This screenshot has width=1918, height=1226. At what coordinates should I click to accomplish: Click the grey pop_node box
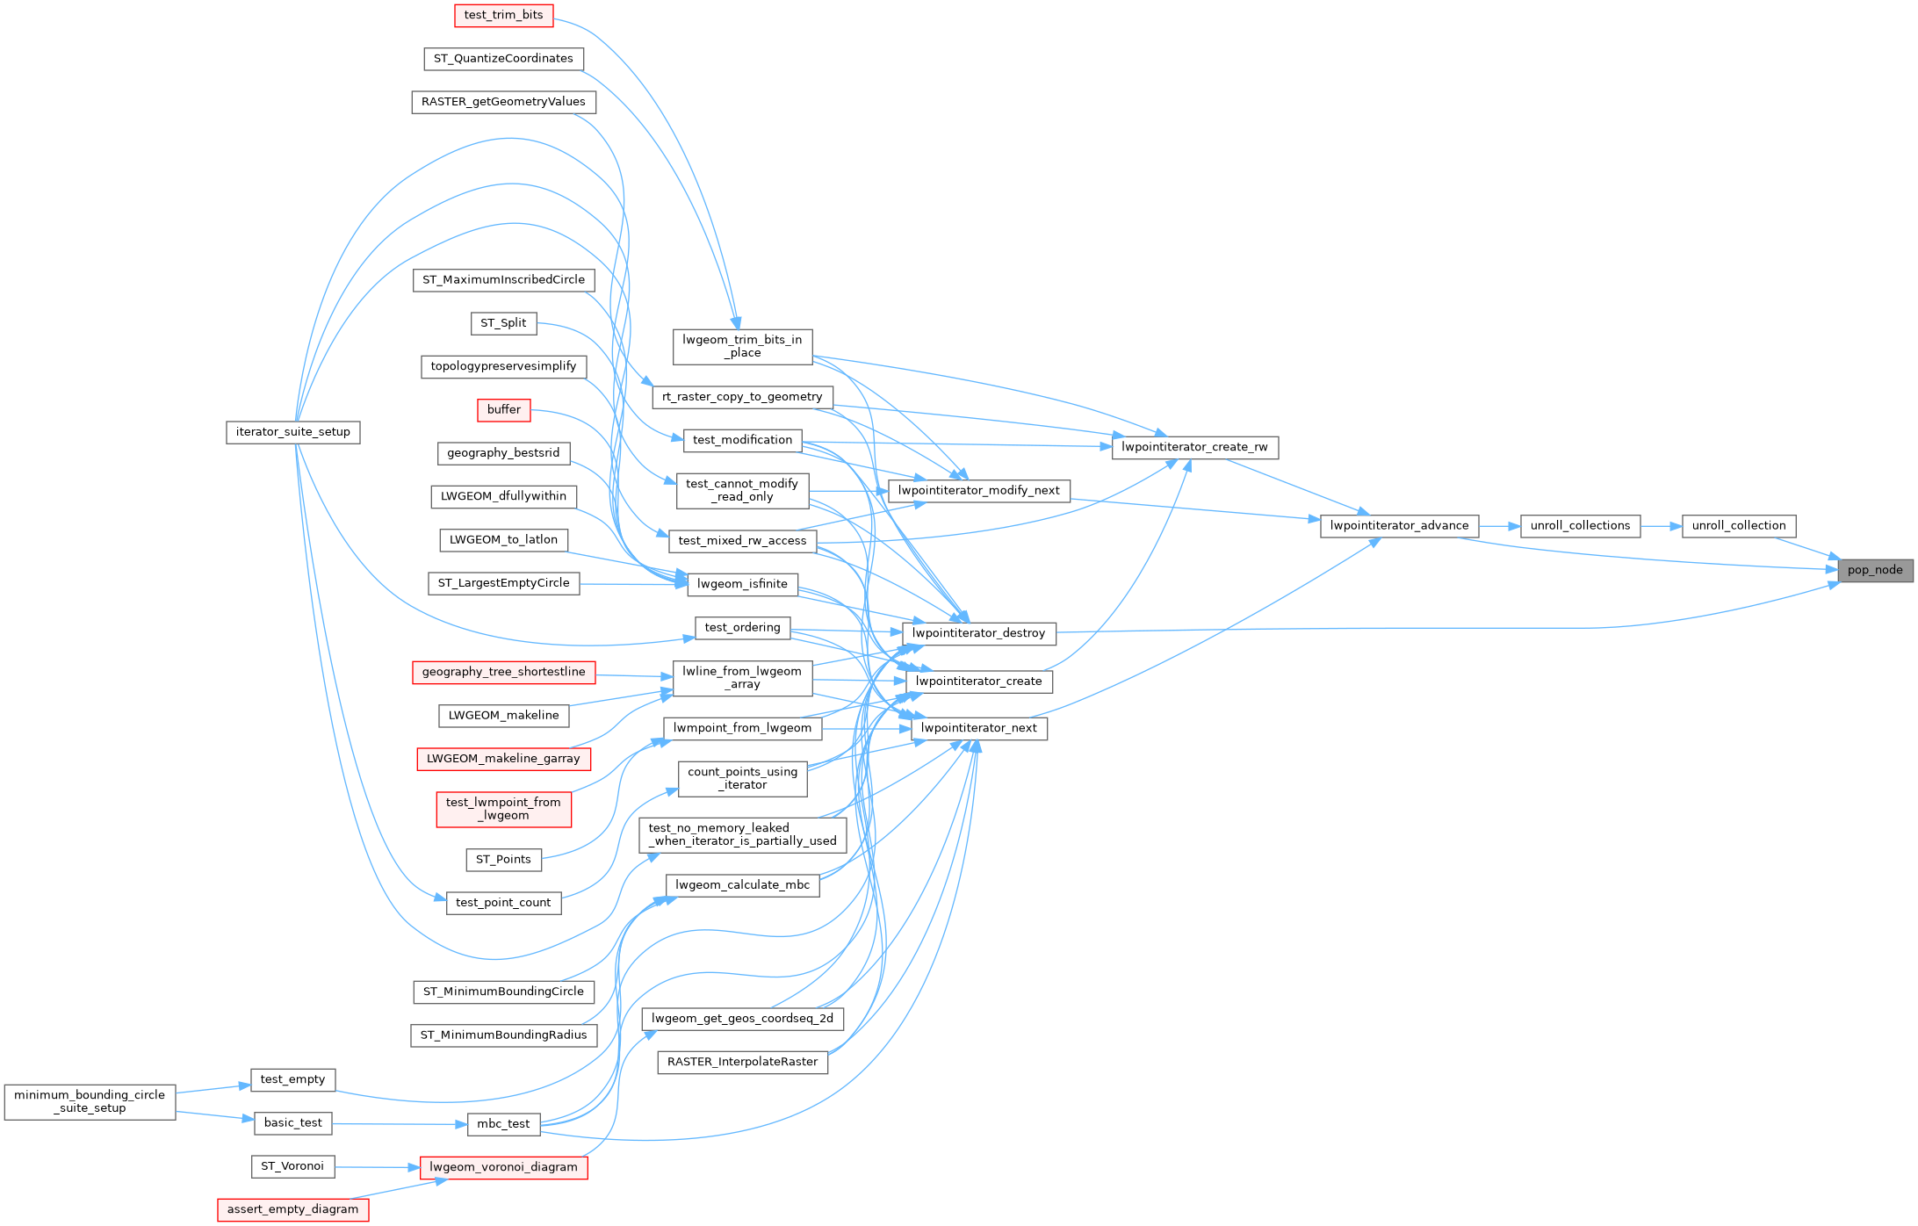(x=1874, y=570)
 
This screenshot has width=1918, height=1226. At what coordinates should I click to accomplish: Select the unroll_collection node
(x=1738, y=526)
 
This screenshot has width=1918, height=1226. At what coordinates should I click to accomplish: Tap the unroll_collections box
(x=1579, y=526)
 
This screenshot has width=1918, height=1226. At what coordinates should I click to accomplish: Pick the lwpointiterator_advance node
(x=1399, y=526)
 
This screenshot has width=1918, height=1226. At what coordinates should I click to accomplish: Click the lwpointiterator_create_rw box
(x=1194, y=447)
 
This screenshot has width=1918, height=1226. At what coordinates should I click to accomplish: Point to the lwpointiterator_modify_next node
(x=978, y=491)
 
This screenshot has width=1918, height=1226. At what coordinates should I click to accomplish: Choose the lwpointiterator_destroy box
(x=978, y=633)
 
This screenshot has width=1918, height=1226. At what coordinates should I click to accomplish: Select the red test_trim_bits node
(x=503, y=15)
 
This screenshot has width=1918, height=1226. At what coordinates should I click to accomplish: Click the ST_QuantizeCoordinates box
(x=503, y=59)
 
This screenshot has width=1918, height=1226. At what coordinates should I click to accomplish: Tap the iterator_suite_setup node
(x=292, y=432)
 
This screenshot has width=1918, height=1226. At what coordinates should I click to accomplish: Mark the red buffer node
(x=503, y=410)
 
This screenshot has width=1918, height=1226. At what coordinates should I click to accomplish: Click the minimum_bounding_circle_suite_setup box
(x=90, y=1101)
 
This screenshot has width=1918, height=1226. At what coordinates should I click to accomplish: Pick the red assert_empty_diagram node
(x=292, y=1209)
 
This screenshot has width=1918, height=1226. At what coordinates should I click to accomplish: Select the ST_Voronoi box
(x=292, y=1166)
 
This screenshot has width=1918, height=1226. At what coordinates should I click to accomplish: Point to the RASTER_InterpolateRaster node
(x=742, y=1062)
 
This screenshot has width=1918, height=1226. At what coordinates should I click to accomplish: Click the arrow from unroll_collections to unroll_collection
(x=1661, y=526)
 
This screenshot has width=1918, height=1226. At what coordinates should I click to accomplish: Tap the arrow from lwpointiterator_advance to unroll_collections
(x=1500, y=526)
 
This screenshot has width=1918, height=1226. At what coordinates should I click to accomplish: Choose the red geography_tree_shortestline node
(x=503, y=672)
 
